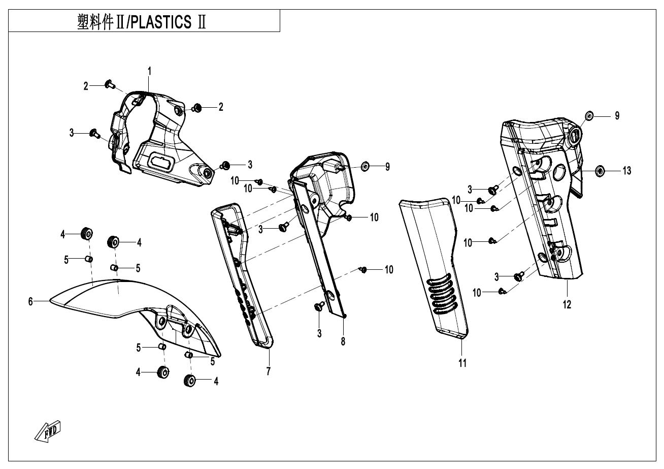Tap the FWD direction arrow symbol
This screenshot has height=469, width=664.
[48, 431]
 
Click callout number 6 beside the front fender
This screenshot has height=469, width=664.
[30, 302]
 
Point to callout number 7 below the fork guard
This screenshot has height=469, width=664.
[268, 371]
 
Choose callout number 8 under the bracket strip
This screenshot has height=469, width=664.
[343, 341]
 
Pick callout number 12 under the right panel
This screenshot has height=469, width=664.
[567, 305]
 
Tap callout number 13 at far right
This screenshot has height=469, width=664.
[627, 171]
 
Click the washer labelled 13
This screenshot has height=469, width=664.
[599, 171]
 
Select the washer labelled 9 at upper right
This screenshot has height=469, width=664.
[590, 116]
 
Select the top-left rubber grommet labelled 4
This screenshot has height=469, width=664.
[86, 234]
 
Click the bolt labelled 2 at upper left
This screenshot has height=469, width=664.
[110, 84]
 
